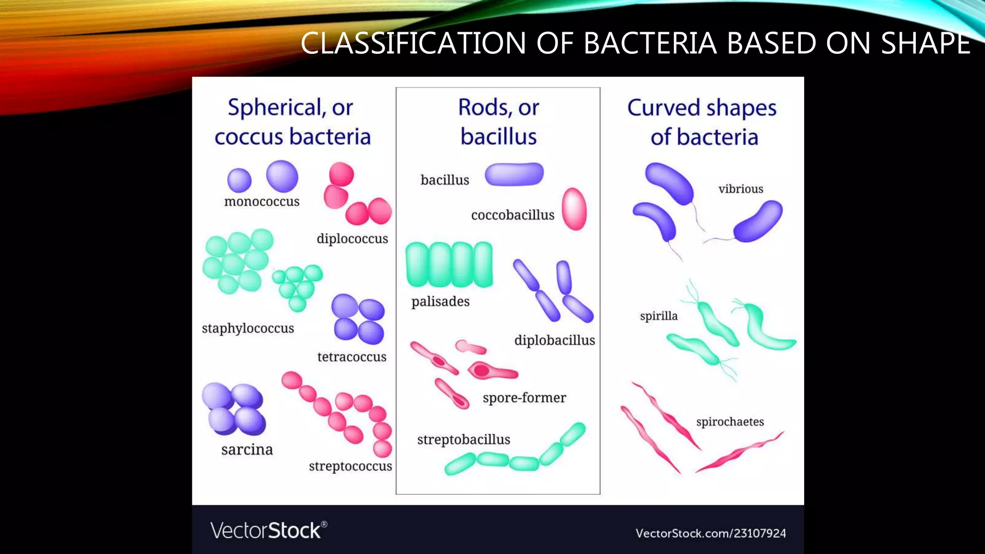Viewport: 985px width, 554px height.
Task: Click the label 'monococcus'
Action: pos(262,201)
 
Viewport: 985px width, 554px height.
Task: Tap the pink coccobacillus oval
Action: pos(574,209)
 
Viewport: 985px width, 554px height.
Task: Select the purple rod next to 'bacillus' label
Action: pos(514,174)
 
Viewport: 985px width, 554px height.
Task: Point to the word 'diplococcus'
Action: pos(352,239)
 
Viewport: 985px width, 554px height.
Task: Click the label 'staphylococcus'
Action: pos(248,328)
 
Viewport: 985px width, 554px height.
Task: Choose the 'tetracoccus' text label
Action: pos(352,357)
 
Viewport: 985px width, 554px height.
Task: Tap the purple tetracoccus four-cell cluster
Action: pos(358,319)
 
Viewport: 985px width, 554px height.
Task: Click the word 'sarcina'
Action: pos(247,450)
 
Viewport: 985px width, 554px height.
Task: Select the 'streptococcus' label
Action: pos(350,466)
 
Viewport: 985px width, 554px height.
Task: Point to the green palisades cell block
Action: pos(449,264)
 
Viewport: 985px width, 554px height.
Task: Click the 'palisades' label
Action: pos(440,302)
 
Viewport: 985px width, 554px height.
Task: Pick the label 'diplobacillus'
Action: pos(555,340)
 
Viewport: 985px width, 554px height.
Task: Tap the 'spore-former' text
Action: pos(524,398)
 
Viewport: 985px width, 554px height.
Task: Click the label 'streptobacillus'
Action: pos(464,440)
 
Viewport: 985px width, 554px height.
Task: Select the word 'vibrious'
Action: pos(741,189)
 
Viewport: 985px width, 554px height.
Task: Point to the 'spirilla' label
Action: pos(658,316)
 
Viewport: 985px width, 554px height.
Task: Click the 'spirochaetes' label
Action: pos(730,422)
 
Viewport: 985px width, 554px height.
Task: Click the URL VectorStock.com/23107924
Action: pos(710,533)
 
